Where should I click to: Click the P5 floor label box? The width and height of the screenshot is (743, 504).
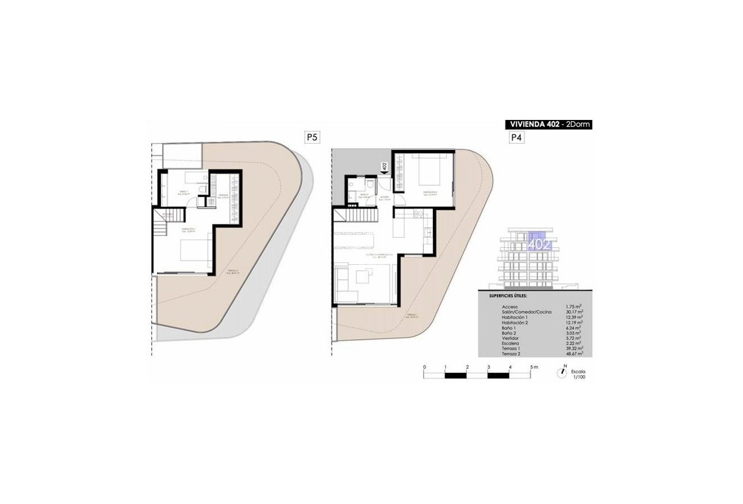pyautogui.click(x=311, y=137)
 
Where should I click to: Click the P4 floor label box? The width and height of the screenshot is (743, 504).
pyautogui.click(x=515, y=137)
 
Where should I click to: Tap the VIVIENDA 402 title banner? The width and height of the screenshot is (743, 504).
pyautogui.click(x=549, y=125)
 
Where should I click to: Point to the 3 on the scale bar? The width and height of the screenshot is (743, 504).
pyautogui.click(x=488, y=367)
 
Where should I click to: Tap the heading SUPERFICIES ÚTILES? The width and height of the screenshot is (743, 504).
pyautogui.click(x=505, y=295)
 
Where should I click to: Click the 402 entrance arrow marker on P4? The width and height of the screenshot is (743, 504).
pyautogui.click(x=384, y=167)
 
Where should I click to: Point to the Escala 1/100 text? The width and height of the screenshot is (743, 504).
pyautogui.click(x=578, y=375)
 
